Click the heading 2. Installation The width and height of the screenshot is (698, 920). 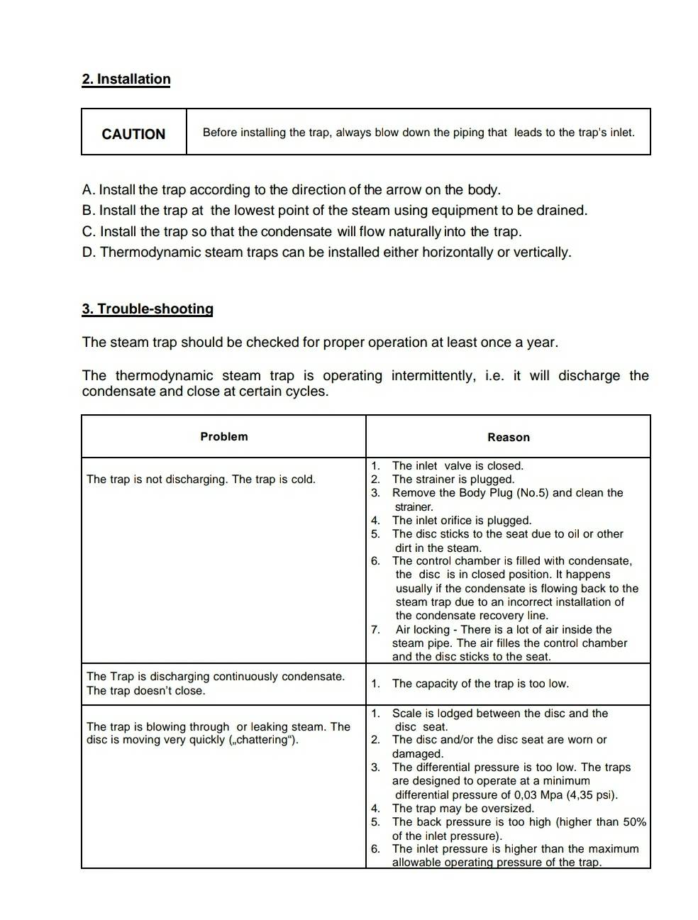pyautogui.click(x=126, y=79)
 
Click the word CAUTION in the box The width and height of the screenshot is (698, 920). pyautogui.click(x=133, y=134)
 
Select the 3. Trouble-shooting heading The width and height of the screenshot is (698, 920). pyautogui.click(x=148, y=309)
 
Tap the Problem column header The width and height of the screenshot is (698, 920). pyautogui.click(x=224, y=437)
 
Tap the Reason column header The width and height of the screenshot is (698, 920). pyautogui.click(x=508, y=438)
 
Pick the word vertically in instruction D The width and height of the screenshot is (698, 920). pyautogui.click(x=541, y=253)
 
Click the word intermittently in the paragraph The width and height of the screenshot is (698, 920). pyautogui.click(x=433, y=376)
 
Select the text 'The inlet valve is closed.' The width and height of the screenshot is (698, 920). pyautogui.click(x=458, y=466)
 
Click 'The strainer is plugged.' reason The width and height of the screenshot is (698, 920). pyautogui.click(x=453, y=480)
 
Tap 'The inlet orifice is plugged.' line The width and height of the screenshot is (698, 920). pyautogui.click(x=461, y=521)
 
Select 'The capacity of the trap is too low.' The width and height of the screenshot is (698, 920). pyautogui.click(x=480, y=684)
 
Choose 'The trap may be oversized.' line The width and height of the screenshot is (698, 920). pyautogui.click(x=462, y=809)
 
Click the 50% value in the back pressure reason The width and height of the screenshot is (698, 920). pyautogui.click(x=634, y=822)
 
